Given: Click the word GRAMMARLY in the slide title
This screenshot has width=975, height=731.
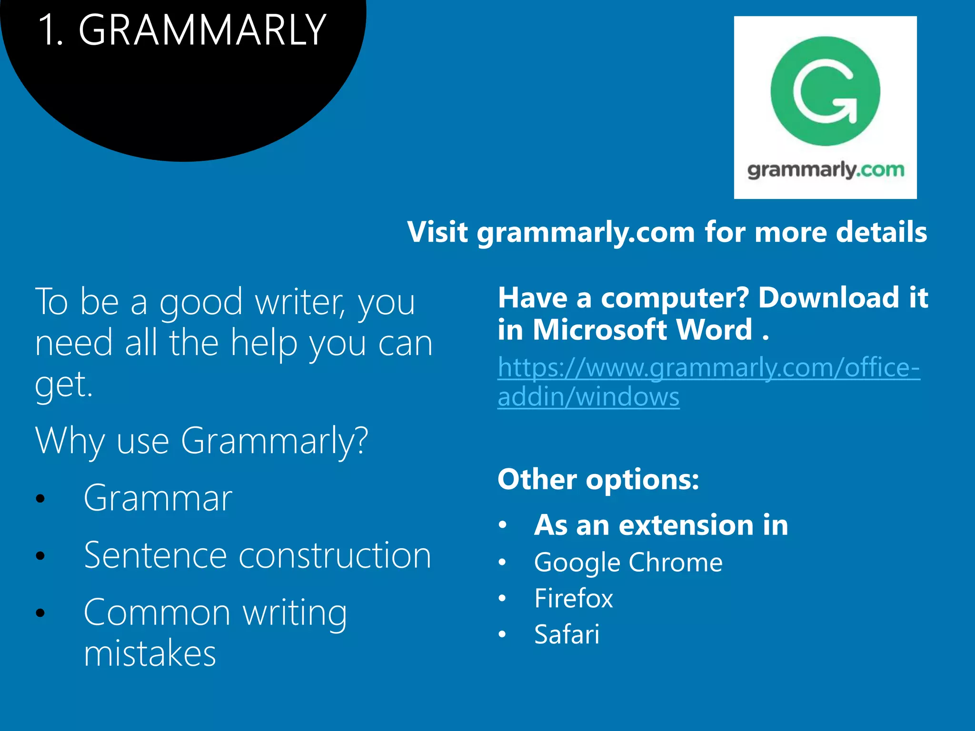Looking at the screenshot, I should pyautogui.click(x=202, y=30).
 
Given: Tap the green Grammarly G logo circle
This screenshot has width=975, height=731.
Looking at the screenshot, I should pyautogui.click(x=825, y=91).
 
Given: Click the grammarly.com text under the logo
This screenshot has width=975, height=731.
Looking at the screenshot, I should pyautogui.click(x=825, y=170).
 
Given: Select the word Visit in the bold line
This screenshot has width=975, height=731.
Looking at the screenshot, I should pyautogui.click(x=437, y=232).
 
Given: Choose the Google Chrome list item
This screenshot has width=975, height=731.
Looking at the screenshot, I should pyautogui.click(x=628, y=563).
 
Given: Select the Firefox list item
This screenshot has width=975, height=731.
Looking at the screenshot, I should pyautogui.click(x=573, y=598).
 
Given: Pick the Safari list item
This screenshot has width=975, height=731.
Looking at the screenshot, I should pyautogui.click(x=567, y=634).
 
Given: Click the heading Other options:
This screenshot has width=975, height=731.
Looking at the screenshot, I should pyautogui.click(x=598, y=479).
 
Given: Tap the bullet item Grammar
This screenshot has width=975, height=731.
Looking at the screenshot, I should pyautogui.click(x=158, y=498).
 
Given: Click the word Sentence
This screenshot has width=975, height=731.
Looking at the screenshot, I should pyautogui.click(x=155, y=555).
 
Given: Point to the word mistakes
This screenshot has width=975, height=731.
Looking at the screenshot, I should pyautogui.click(x=149, y=653).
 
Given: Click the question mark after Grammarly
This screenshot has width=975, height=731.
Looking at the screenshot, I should pyautogui.click(x=361, y=440).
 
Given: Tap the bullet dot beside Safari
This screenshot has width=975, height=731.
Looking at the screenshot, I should pyautogui.click(x=502, y=634).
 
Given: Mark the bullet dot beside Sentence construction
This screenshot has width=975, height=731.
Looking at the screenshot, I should pyautogui.click(x=40, y=556).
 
